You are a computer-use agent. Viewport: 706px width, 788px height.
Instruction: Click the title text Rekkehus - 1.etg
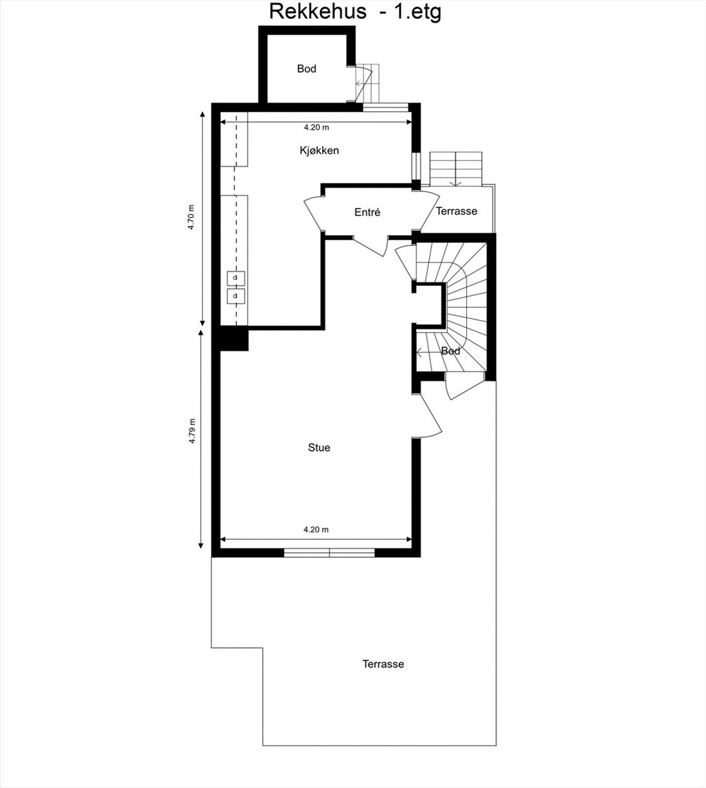[x=354, y=12]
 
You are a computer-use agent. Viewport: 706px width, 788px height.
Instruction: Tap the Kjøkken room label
[x=319, y=150]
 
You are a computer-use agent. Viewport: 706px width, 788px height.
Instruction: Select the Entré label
[x=367, y=212]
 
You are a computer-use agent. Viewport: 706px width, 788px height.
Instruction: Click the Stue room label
[x=319, y=448]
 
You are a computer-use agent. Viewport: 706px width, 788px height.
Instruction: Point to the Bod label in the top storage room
[x=306, y=69]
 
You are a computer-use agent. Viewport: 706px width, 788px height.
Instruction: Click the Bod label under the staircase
[x=450, y=351]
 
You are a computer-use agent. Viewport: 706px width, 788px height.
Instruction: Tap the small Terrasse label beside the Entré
[x=457, y=211]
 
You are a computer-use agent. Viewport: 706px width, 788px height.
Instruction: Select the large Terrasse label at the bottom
[x=383, y=664]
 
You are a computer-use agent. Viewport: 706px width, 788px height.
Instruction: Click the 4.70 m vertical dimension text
[x=191, y=217]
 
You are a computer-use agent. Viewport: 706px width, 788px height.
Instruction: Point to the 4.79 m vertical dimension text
[x=192, y=431]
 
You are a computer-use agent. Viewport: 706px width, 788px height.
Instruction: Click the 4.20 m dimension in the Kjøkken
[x=316, y=128]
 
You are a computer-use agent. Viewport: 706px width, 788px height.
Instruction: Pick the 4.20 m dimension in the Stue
[x=316, y=530]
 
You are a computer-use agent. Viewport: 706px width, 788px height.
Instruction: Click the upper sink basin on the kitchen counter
[x=236, y=278]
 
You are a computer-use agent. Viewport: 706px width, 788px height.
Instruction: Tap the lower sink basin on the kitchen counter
[x=236, y=296]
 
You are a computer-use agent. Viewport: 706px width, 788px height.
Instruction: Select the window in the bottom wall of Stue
[x=329, y=553]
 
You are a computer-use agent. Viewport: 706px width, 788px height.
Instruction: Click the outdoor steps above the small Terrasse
[x=456, y=168]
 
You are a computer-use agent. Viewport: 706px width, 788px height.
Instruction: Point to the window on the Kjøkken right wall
[x=417, y=166]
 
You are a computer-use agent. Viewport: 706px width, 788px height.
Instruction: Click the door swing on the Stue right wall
[x=429, y=417]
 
